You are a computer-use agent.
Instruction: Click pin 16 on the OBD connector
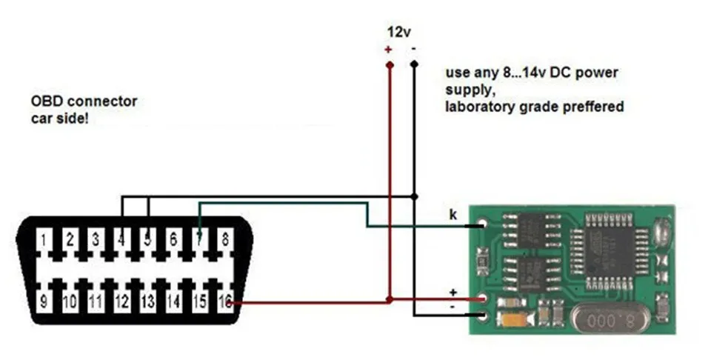[x=225, y=301]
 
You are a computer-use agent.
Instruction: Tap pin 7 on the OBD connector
[x=198, y=239]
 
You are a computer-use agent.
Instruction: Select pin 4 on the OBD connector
[x=121, y=239]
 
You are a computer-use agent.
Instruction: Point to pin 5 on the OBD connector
[x=147, y=239]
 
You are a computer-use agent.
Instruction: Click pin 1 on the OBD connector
[x=44, y=239]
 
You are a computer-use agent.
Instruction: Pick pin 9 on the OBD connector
[x=44, y=301]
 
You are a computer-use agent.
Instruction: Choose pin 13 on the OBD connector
[x=147, y=301]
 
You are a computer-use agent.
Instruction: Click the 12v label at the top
[x=398, y=32]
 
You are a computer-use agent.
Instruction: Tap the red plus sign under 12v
[x=387, y=49]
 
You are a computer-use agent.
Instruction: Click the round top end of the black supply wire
[x=414, y=64]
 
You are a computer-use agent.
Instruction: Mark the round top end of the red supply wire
[x=389, y=64]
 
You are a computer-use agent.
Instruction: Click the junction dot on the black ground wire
[x=414, y=196]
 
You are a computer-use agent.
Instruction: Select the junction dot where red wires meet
[x=389, y=300]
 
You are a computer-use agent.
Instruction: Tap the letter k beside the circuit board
[x=453, y=214]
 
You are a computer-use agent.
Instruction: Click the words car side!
[x=60, y=119]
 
